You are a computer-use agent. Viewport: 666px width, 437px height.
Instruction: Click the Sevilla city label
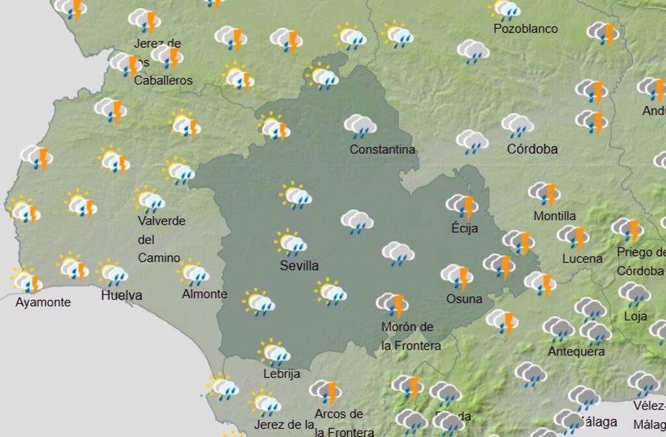pyautogui.click(x=299, y=266)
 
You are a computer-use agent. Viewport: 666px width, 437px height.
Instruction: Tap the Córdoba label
pyautogui.click(x=532, y=149)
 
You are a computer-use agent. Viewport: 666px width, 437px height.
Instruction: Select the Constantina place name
pyautogui.click(x=382, y=149)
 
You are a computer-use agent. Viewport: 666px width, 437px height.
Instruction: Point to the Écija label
pyautogui.click(x=464, y=228)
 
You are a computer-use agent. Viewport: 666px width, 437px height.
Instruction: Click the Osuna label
pyautogui.click(x=464, y=299)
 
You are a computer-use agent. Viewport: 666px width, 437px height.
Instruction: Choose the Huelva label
pyautogui.click(x=122, y=295)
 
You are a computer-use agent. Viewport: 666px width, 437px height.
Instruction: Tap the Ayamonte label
pyautogui.click(x=43, y=302)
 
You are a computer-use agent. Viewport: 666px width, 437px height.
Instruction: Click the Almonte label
pyautogui.click(x=204, y=293)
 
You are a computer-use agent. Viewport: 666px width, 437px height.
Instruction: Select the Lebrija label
pyautogui.click(x=282, y=373)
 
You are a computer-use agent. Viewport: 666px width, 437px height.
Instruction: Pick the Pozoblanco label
pyautogui.click(x=526, y=29)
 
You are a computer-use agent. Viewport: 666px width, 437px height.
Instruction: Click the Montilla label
pyautogui.click(x=554, y=216)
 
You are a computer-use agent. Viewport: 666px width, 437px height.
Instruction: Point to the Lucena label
pyautogui.click(x=582, y=258)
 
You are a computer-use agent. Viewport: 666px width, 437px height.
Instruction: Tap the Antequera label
pyautogui.click(x=576, y=351)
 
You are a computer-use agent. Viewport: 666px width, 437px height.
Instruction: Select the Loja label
pyautogui.click(x=635, y=316)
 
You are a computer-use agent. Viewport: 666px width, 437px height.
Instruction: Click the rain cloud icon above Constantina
pyautogui.click(x=360, y=126)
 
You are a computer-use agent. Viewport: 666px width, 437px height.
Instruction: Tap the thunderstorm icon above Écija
pyautogui.click(x=462, y=206)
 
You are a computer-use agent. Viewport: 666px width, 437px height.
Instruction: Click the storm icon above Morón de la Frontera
pyautogui.click(x=392, y=304)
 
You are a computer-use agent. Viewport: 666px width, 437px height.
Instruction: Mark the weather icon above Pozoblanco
pyautogui.click(x=505, y=10)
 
